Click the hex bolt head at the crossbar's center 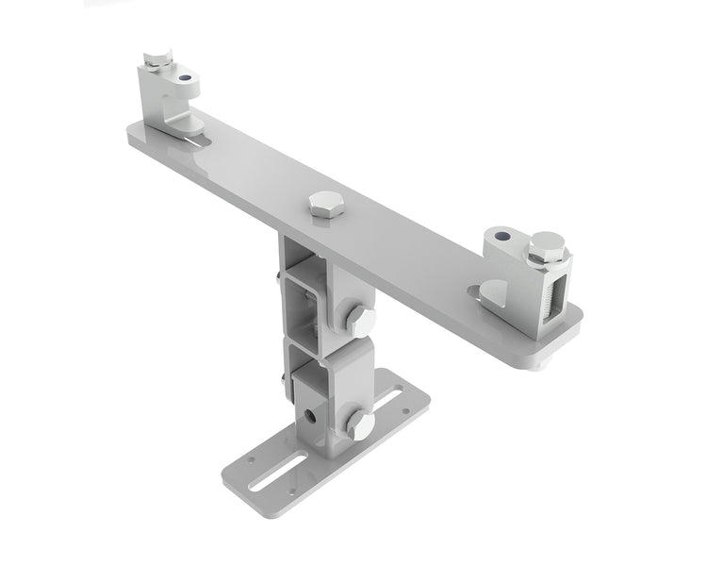[x=325, y=203]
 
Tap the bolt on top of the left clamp [x=156, y=61]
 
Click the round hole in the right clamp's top [x=501, y=235]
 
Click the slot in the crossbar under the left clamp [x=195, y=141]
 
